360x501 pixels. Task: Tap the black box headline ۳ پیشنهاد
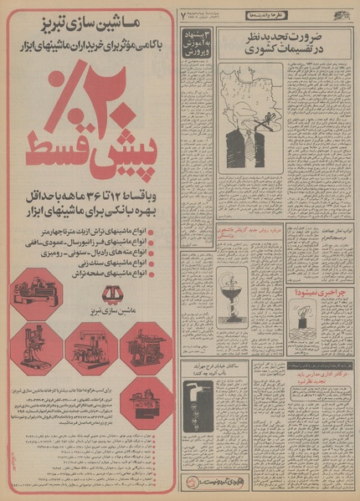[x=201, y=43]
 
